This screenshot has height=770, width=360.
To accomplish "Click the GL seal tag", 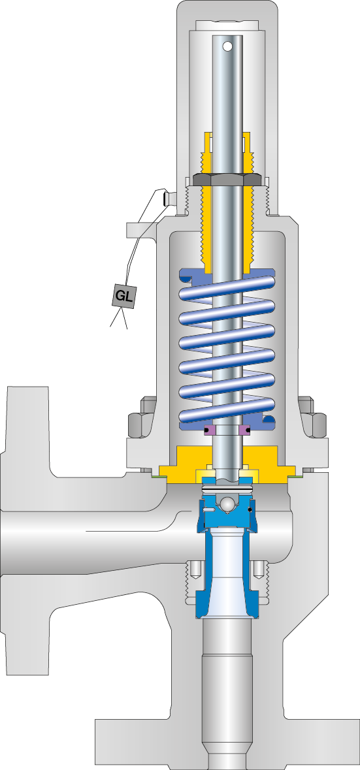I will point(124,296).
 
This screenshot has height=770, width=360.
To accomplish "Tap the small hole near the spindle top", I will point(227,46).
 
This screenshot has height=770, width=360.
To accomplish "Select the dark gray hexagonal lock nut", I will point(227,179).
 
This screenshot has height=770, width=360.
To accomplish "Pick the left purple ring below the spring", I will point(209,430).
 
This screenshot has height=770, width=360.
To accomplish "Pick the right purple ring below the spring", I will point(245,430).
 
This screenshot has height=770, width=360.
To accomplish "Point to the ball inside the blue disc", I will point(226,505).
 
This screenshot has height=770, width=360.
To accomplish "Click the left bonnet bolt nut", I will point(139,425).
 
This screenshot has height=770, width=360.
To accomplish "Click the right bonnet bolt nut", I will point(316,425).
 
